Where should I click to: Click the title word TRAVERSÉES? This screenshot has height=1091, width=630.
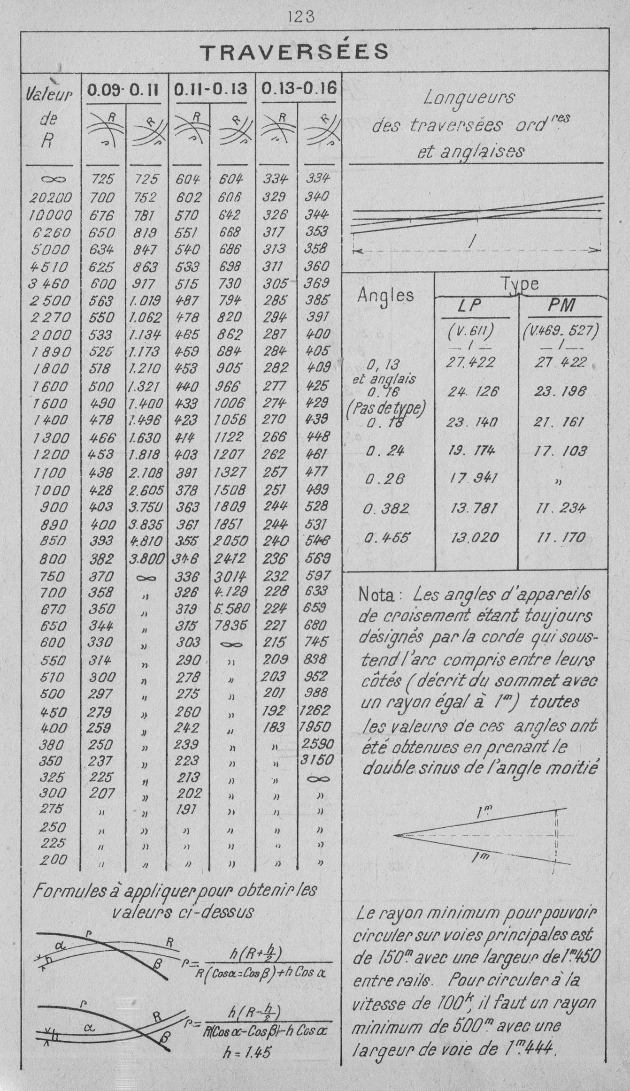click(x=294, y=52)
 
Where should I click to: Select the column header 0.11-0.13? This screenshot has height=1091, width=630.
click(x=211, y=89)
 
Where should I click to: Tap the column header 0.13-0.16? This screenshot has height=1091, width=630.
click(x=299, y=88)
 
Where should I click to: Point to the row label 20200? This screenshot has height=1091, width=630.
click(x=51, y=198)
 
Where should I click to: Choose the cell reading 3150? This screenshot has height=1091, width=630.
click(x=317, y=759)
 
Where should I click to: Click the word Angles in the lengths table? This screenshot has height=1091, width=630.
click(x=385, y=295)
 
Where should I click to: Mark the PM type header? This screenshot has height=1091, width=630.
click(x=561, y=306)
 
